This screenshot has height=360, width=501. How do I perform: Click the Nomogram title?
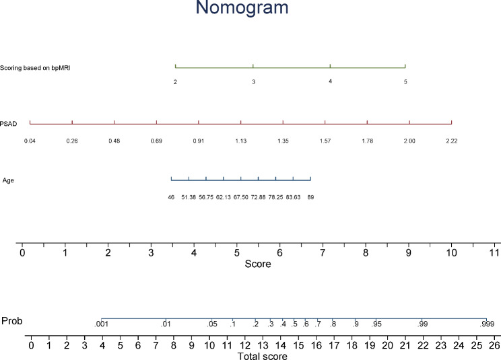[250, 9]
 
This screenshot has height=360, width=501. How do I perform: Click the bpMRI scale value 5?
[405, 82]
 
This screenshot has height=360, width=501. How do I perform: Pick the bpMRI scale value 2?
[175, 82]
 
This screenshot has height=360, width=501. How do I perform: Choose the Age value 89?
[310, 197]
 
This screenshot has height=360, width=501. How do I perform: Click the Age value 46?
[171, 197]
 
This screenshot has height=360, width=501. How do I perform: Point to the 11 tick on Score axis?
[494, 254]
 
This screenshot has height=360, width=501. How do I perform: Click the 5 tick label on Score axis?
[236, 254]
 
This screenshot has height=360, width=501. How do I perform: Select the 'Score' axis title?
[258, 264]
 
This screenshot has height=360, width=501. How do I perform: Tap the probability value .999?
[487, 325]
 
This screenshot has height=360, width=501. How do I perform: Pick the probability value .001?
[101, 325]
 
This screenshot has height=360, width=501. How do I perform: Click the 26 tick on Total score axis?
[494, 346]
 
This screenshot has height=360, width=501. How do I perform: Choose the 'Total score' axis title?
[262, 356]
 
